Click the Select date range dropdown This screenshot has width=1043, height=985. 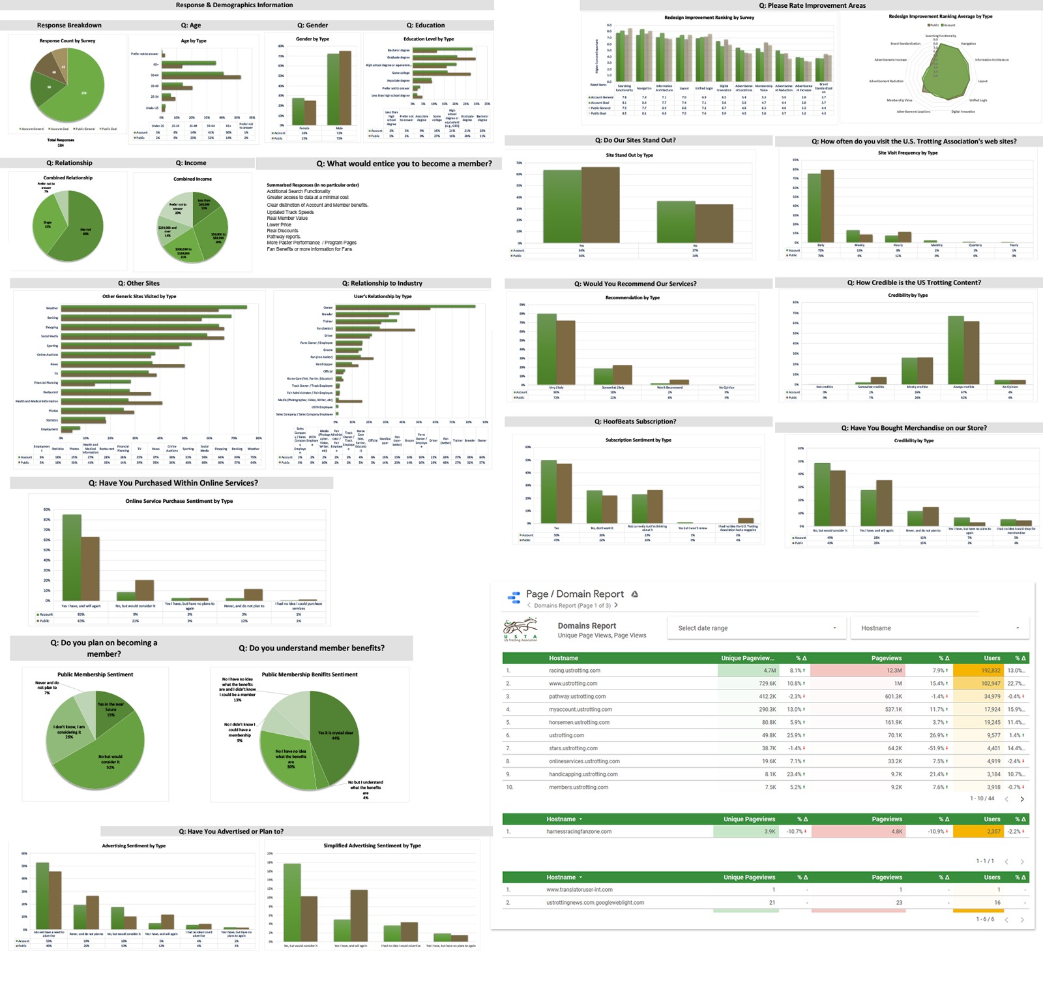pyautogui.click(x=756, y=628)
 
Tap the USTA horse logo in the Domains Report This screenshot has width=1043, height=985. pyautogui.click(x=520, y=629)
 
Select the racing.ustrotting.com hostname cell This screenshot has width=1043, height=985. pyautogui.click(x=574, y=671)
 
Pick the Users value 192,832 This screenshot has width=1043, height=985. pyautogui.click(x=990, y=671)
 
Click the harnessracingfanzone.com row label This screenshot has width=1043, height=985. pyautogui.click(x=579, y=832)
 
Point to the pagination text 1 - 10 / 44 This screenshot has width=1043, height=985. pyautogui.click(x=982, y=798)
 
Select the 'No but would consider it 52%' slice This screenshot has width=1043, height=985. pyautogui.click(x=108, y=760)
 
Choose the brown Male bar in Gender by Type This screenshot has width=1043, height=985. pyautogui.click(x=345, y=88)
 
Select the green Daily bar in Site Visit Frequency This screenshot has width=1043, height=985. pyautogui.click(x=814, y=208)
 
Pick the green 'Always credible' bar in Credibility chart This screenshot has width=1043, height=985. pyautogui.click(x=956, y=350)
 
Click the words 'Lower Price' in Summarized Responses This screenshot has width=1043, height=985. pyautogui.click(x=279, y=224)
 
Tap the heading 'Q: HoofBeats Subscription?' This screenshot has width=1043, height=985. pyautogui.click(x=635, y=422)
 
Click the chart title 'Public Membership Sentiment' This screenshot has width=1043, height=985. pyautogui.click(x=95, y=674)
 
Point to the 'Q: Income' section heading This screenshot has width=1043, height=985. pyautogui.click(x=191, y=163)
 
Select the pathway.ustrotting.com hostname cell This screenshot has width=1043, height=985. pyautogui.click(x=577, y=697)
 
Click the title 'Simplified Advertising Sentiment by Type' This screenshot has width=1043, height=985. pyautogui.click(x=372, y=846)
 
